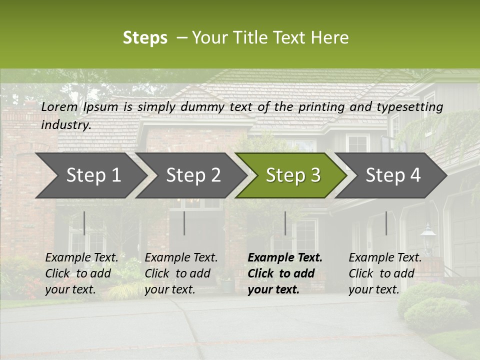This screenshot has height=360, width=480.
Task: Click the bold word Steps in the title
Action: point(145,38)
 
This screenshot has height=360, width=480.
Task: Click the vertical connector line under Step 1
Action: point(84,223)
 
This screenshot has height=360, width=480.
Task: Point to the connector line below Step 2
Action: point(184,223)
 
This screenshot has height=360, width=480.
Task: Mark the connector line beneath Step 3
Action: point(285,223)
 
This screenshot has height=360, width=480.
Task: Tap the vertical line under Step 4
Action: point(386,223)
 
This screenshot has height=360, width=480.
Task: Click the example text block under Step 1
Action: point(81,273)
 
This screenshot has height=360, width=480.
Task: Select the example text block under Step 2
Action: point(181,273)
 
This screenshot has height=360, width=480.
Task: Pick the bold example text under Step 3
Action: point(285,273)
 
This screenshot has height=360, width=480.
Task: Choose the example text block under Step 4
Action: point(385,273)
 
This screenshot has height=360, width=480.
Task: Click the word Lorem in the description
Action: point(59,106)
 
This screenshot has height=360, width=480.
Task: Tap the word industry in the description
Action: point(66,125)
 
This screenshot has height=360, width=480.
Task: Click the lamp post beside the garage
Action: point(428,237)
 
